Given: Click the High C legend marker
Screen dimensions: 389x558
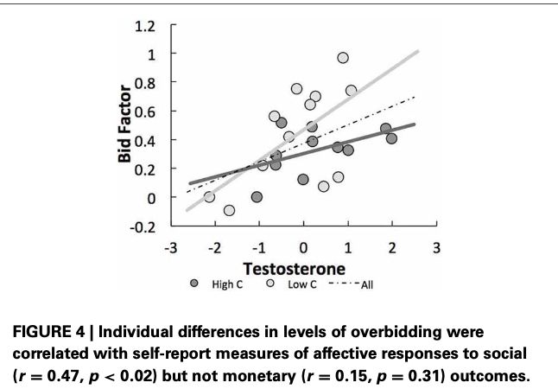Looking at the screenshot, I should click(195, 283).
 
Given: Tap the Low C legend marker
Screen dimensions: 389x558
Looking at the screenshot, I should click(271, 283).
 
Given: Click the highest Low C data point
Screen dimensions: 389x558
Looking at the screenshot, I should click(343, 58).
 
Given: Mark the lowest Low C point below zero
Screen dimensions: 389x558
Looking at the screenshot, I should click(229, 210).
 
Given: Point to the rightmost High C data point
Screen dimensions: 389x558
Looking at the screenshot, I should click(391, 138).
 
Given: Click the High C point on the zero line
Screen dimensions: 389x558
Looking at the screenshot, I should click(257, 197).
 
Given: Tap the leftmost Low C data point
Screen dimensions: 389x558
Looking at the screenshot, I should click(209, 197).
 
